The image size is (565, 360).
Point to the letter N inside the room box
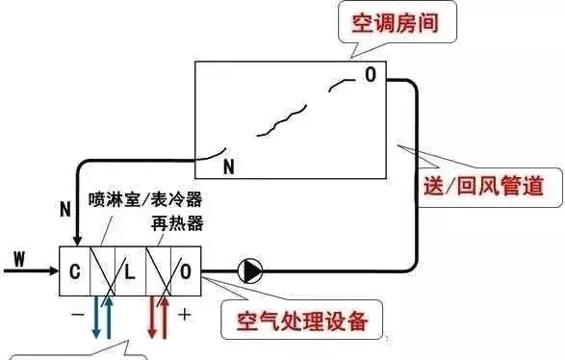point(228,167)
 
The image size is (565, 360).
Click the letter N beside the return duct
point(64,208)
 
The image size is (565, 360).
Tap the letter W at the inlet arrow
point(19,258)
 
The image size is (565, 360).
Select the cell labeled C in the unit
point(73,272)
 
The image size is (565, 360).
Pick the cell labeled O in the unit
point(186,272)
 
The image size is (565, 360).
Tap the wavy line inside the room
point(279,119)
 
